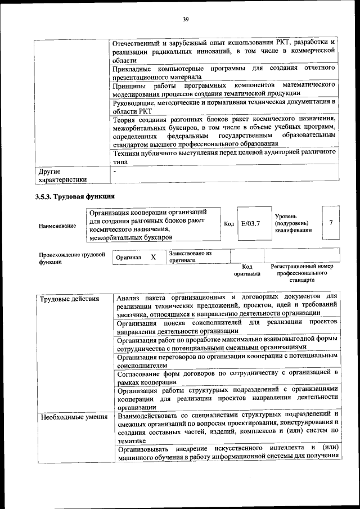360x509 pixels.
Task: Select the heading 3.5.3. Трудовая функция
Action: coord(75,197)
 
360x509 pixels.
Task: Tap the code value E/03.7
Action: coord(250,223)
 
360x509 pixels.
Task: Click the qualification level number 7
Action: coord(331,223)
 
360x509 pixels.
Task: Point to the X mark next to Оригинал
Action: coord(152,257)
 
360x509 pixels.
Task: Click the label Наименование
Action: coord(57,226)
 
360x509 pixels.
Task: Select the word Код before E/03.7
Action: coord(229,224)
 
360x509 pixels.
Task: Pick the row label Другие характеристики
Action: coord(62,175)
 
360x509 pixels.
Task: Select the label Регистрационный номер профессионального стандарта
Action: coord(302,273)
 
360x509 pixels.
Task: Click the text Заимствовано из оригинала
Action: coord(190,257)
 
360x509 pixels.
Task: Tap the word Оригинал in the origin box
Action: coord(128,258)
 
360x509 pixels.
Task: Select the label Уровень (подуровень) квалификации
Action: coord(293,223)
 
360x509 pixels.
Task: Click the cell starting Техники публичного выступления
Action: coord(224,157)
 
